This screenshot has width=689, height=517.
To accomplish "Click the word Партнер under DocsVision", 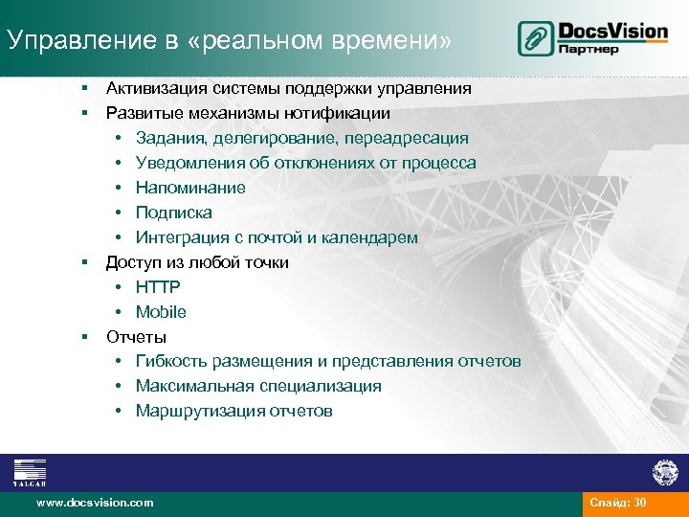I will (x=590, y=49).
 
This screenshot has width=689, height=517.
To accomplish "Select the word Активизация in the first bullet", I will (x=158, y=89).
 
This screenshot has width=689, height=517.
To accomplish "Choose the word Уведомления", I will (x=189, y=164).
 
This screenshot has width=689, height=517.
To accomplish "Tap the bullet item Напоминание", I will (x=190, y=189).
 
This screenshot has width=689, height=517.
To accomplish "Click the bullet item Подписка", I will (x=173, y=214).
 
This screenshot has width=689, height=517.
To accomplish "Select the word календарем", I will (x=367, y=238).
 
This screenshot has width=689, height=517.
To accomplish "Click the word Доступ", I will (x=132, y=263).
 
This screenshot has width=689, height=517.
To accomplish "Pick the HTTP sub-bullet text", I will (x=158, y=288).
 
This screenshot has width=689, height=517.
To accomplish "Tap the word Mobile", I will (x=161, y=313).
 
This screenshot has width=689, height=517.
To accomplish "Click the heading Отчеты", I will (x=136, y=338).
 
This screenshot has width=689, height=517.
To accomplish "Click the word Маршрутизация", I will (x=194, y=412).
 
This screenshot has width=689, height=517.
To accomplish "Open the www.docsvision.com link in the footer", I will (x=94, y=503).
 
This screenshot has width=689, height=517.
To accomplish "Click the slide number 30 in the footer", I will (x=640, y=503).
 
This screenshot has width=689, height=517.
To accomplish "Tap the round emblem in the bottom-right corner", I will (x=664, y=471).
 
